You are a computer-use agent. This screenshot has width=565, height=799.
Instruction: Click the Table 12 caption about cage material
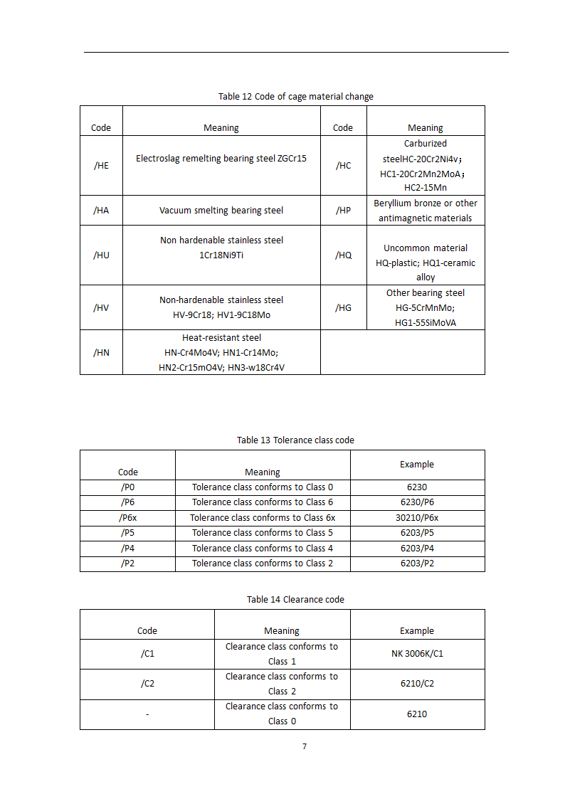[x=295, y=96]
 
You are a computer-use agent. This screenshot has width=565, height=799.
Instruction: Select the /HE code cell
[x=101, y=165]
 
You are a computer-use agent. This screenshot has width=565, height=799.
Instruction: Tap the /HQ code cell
[x=343, y=255]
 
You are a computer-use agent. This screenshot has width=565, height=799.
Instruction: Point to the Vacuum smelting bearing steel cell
[x=221, y=210]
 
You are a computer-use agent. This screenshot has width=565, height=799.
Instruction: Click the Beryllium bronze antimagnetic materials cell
[x=426, y=211]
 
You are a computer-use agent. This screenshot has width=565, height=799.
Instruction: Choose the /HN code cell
[x=101, y=352]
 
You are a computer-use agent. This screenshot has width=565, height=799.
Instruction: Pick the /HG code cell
[x=343, y=307]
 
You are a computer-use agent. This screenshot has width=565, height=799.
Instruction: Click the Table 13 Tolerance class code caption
[x=295, y=440]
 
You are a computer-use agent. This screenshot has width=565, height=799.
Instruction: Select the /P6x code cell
[x=128, y=518]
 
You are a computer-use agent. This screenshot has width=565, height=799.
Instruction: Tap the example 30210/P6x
[x=417, y=518]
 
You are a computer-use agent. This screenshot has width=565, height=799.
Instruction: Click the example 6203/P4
[x=417, y=548]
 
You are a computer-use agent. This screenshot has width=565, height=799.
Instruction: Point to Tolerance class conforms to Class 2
[x=263, y=563]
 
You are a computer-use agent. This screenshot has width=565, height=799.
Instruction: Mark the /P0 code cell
[x=128, y=487]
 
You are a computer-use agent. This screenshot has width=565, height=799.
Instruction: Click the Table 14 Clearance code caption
[x=295, y=599]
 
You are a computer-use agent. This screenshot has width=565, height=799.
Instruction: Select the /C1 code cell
[x=147, y=654]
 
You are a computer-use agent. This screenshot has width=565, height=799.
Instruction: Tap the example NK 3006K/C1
[x=417, y=654]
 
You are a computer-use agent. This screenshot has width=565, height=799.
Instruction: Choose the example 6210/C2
[x=417, y=684]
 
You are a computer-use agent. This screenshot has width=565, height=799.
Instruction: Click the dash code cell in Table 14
[x=147, y=714]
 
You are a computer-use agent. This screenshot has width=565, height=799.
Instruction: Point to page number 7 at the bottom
[x=305, y=746]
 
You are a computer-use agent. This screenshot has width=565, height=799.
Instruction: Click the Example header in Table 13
[x=417, y=464]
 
